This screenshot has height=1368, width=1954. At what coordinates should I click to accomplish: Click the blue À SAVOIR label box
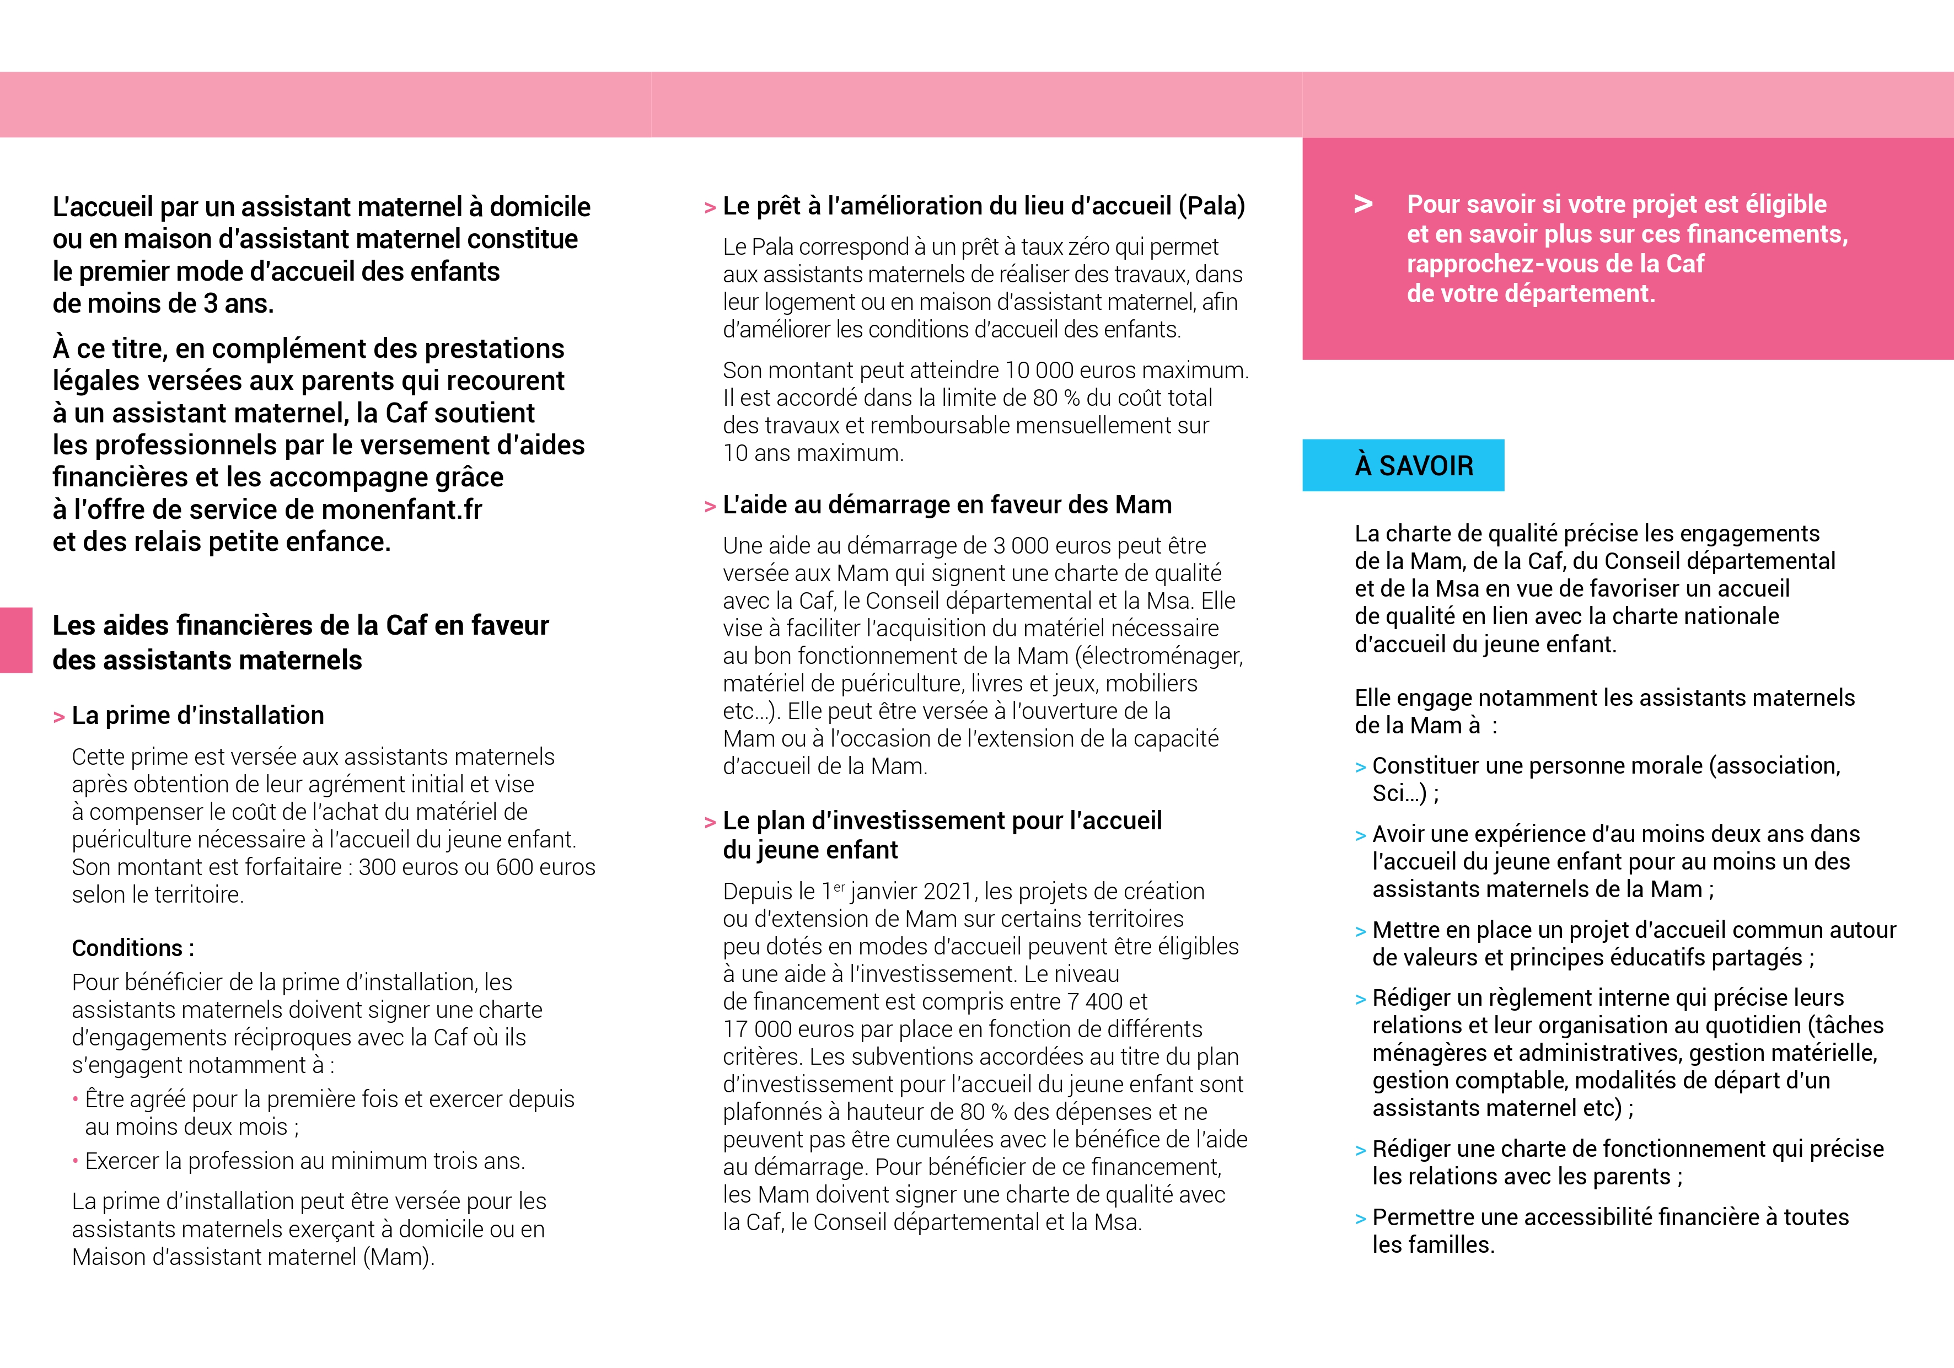[x=1403, y=465]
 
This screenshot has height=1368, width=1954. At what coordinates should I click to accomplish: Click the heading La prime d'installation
[x=197, y=715]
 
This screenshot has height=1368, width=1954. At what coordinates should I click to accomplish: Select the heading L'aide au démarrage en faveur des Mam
[x=946, y=505]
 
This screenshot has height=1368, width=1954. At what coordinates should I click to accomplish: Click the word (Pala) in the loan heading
[x=1211, y=206]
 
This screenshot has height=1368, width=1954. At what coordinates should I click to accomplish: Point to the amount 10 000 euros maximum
[x=1125, y=371]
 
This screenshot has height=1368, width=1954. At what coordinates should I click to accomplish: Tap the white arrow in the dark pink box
[x=1362, y=205]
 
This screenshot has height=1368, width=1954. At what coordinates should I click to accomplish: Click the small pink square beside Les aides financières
[x=15, y=640]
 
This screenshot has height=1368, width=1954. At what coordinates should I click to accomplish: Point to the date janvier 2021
[x=911, y=891]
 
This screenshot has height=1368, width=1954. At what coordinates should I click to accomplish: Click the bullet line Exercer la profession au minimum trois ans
[x=305, y=1161]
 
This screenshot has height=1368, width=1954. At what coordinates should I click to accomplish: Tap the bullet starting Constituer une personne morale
[x=1605, y=766]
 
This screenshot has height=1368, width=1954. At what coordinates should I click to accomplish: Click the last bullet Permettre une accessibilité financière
[x=1609, y=1217]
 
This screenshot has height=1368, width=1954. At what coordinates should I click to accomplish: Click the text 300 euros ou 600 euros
[x=476, y=867]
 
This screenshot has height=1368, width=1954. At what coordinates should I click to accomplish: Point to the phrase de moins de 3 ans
[x=163, y=304]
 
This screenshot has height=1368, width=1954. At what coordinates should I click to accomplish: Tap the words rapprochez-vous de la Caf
[x=1554, y=264]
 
